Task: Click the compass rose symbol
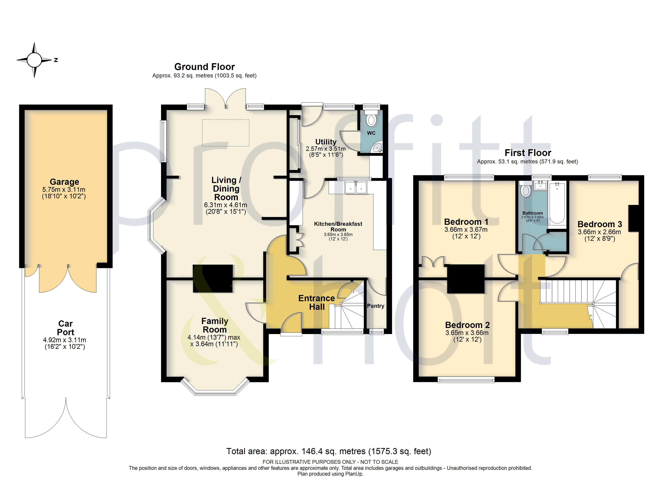34,60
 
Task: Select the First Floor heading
528,153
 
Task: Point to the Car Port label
65,328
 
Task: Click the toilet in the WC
371,118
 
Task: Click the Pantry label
375,306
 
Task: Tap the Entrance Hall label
316,302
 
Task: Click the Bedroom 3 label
600,224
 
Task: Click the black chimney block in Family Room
213,278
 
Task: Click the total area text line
329,451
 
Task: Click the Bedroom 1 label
466,222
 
